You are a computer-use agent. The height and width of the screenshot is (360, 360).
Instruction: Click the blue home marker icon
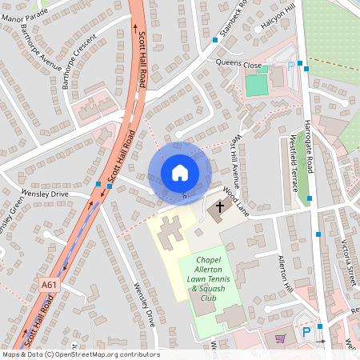180,173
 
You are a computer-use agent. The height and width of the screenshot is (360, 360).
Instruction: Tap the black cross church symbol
218,209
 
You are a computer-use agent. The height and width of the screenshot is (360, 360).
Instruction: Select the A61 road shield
50,284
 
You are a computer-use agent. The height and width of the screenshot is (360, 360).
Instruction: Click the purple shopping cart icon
280,338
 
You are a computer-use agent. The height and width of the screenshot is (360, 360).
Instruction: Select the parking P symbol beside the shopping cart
306,330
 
